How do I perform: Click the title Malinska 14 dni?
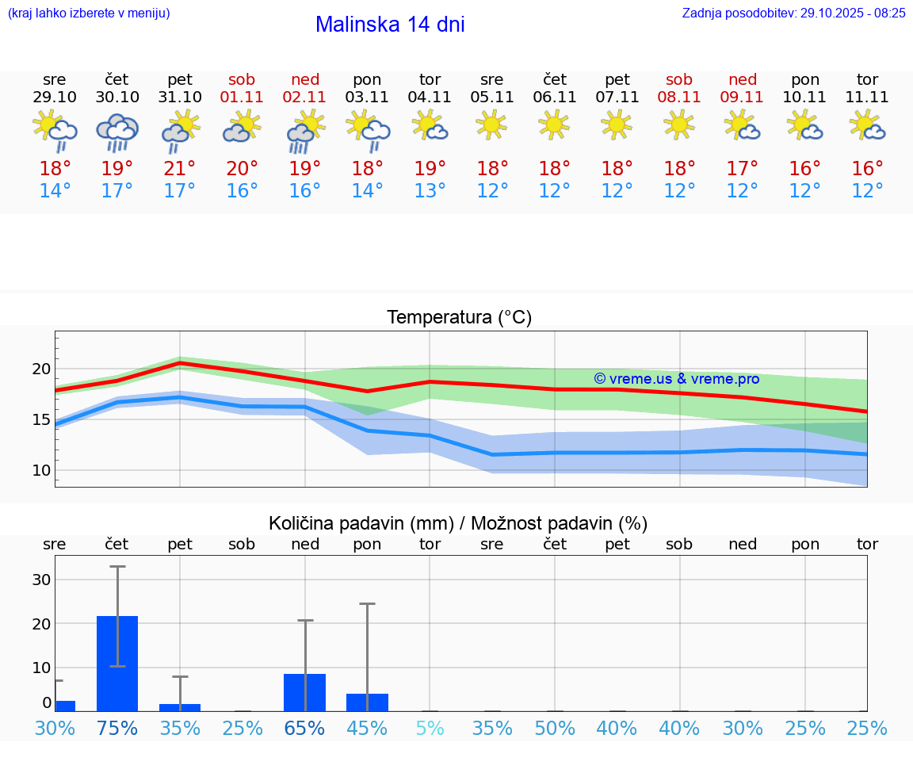pos(390,25)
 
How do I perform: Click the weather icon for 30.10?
pos(117,132)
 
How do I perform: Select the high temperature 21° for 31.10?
pos(180,169)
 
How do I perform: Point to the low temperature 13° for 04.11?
pos(430,191)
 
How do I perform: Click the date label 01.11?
pos(242,98)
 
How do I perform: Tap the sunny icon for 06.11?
pos(554,124)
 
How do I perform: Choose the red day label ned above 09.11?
pos(743,79)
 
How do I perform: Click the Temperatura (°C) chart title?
pos(459,318)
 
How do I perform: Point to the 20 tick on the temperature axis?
pos(41,369)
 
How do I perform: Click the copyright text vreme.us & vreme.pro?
pos(676,379)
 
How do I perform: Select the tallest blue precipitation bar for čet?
pos(117,663)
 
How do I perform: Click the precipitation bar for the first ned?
pos(305,692)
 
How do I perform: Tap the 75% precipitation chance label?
pos(117,728)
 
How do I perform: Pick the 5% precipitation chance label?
pos(430,728)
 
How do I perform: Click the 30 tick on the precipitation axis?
pos(41,580)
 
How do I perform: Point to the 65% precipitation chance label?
pos(305,728)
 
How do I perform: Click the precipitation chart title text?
pos(458,523)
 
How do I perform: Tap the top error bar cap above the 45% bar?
pos(367,604)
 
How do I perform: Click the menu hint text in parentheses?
pos(88,13)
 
